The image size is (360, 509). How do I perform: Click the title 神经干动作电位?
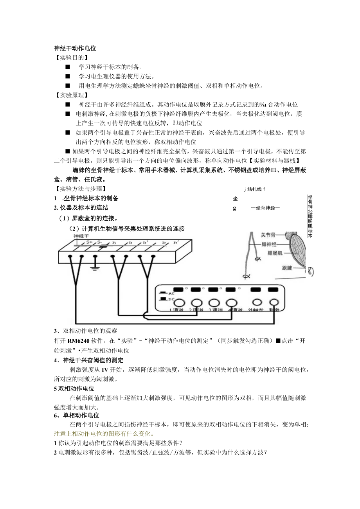75,49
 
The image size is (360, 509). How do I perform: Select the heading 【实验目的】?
71,58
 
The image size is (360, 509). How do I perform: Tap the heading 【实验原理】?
71,95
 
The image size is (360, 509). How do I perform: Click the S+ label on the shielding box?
89,243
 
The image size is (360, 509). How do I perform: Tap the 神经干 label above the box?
81,236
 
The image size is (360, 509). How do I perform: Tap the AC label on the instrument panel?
171,293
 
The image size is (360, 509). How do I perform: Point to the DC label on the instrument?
171,299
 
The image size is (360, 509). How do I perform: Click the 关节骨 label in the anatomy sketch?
268,235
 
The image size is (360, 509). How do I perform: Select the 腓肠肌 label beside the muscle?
275,253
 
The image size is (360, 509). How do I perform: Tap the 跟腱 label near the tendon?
287,268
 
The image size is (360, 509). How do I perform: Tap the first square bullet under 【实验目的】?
68,67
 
